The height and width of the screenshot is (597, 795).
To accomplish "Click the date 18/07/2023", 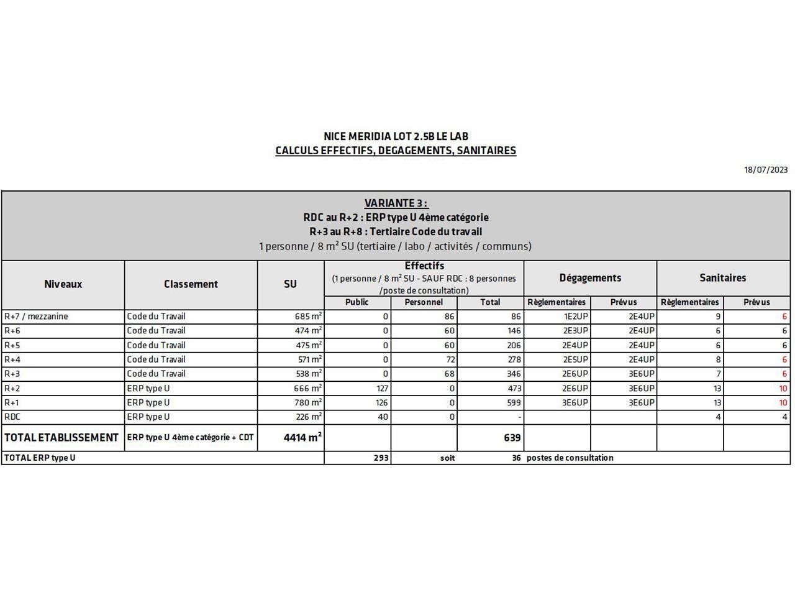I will coord(766,170).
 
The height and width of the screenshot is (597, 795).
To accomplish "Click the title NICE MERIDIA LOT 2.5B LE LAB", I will coord(396,136).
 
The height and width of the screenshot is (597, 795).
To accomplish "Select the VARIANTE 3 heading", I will coord(396,203).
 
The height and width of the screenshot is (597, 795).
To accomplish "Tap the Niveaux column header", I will coord(63,284).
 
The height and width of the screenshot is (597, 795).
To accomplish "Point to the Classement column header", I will coord(191,284).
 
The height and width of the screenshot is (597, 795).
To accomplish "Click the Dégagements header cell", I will coord(590,278).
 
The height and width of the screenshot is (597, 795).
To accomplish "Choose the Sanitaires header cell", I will coord(723,278).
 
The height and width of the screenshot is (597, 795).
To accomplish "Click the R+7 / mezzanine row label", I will coord(36,317).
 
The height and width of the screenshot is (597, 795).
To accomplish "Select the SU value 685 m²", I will coord(308,317).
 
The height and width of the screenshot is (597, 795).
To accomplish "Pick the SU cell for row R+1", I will coord(308,403).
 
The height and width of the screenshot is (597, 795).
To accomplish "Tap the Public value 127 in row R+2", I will coord(382,389).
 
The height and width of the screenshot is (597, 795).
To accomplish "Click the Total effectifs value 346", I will coord(512,374).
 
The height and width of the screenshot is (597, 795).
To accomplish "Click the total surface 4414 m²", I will coord(302,438).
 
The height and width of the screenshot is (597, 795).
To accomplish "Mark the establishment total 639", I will coord(512,438).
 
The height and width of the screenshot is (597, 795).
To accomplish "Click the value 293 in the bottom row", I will coord(381,458).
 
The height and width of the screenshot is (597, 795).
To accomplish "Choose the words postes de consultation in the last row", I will coord(570,458).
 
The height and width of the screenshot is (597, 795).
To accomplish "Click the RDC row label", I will coord(12,417).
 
